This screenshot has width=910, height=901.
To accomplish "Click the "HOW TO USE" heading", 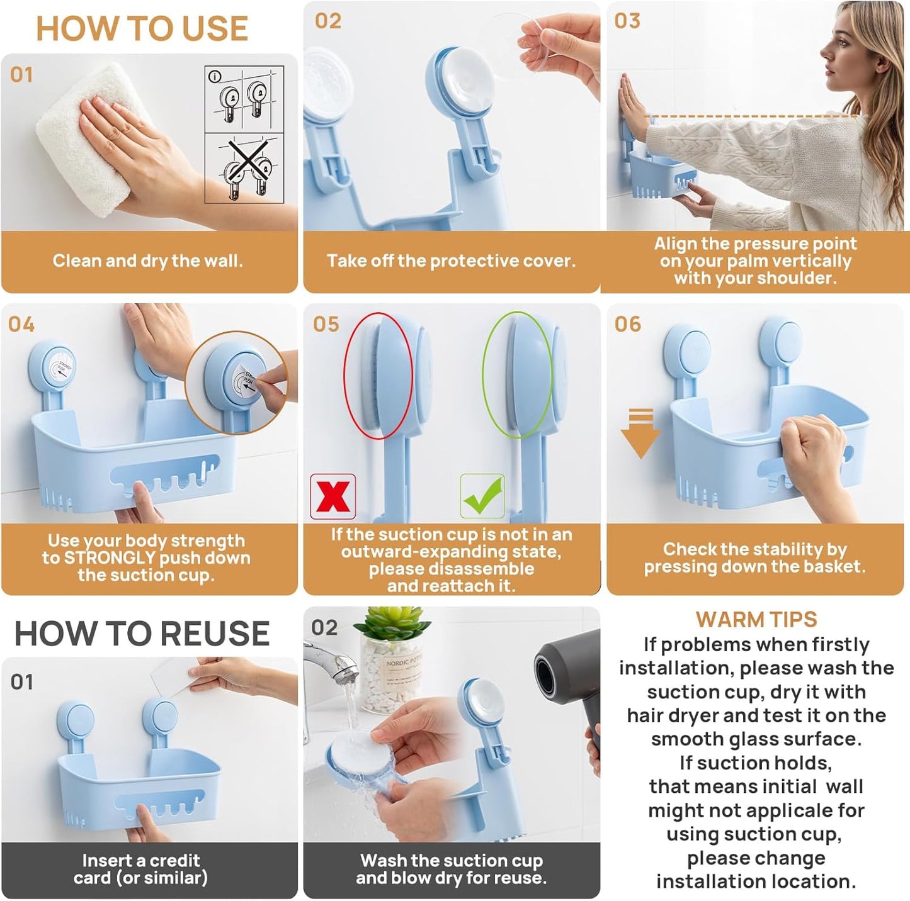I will pyautogui.click(x=142, y=29).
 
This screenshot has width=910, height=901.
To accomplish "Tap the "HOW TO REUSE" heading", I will pyautogui.click(x=142, y=633).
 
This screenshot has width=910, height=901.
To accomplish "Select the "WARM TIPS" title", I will pyautogui.click(x=756, y=620).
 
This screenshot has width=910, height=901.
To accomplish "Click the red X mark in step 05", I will pyautogui.click(x=333, y=496).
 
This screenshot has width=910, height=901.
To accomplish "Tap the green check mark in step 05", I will pyautogui.click(x=482, y=496).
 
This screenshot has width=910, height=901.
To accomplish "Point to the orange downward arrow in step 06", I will pyautogui.click(x=640, y=434).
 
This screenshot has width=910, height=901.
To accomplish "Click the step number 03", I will pyautogui.click(x=627, y=21).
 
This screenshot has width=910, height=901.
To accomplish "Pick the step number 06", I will pyautogui.click(x=627, y=324).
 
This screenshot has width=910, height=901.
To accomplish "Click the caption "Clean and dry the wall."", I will pyautogui.click(x=147, y=260).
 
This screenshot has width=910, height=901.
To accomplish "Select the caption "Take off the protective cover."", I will pyautogui.click(x=451, y=260).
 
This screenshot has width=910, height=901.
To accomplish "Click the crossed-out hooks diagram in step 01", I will pyautogui.click(x=244, y=168).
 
